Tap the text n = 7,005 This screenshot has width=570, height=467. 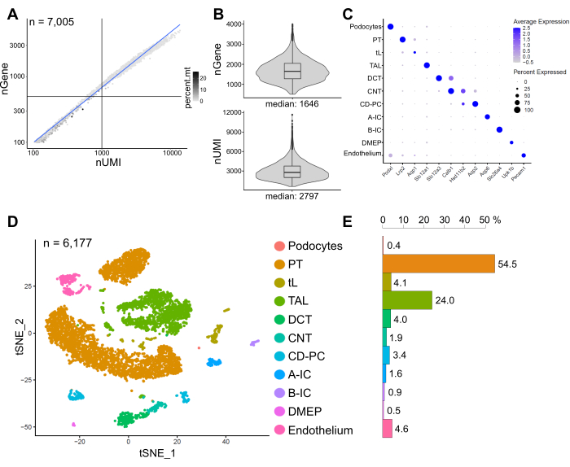(52, 22)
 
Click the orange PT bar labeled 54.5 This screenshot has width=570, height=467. (438, 264)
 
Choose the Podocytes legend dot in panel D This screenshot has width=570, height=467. (280, 246)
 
